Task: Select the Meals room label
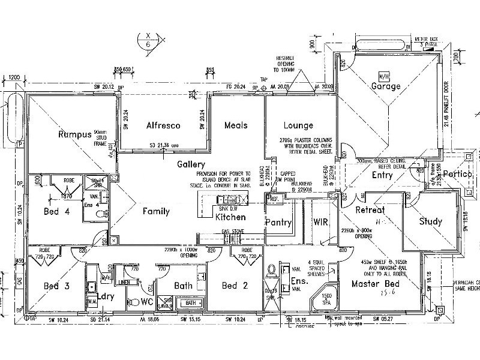click(236, 125)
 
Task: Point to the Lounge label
click(298, 125)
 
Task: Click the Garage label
click(385, 86)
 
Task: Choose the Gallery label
click(191, 164)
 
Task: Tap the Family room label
click(156, 211)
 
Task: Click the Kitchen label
click(230, 217)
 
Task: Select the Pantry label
click(278, 223)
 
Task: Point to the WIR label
click(320, 222)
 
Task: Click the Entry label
click(382, 175)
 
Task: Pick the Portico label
click(458, 174)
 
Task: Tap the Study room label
click(430, 221)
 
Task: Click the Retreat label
click(370, 211)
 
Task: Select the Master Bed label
click(376, 283)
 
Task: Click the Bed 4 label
click(58, 211)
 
